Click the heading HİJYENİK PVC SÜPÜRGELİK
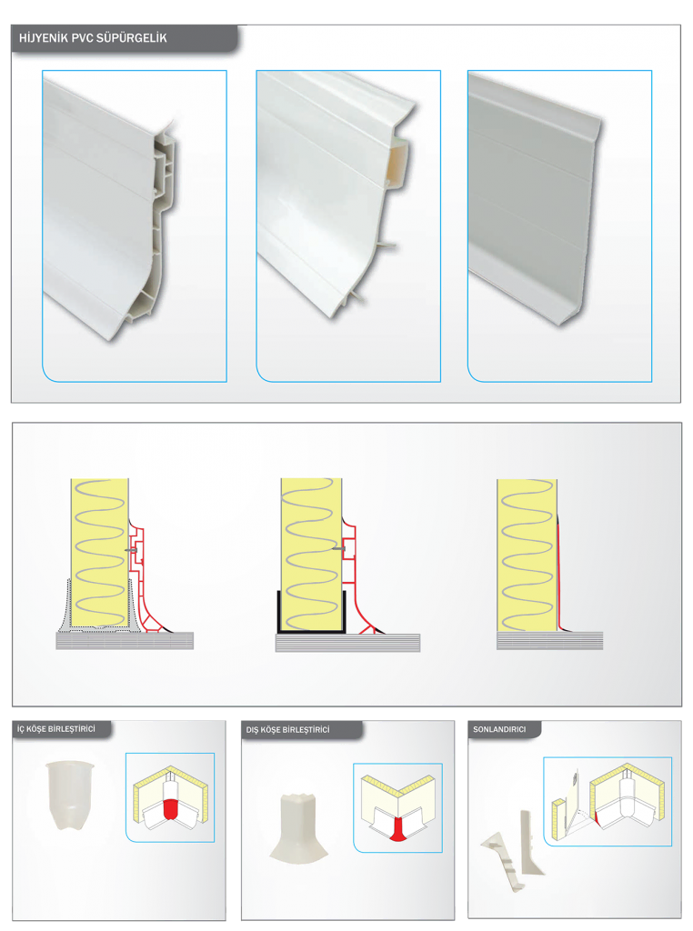click(x=93, y=38)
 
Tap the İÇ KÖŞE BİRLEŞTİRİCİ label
click(x=55, y=728)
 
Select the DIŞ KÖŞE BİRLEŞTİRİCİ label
click(x=287, y=730)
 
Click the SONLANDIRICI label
click(x=498, y=729)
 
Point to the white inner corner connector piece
click(x=69, y=795)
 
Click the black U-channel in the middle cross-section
click(x=311, y=629)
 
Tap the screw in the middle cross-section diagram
click(x=338, y=548)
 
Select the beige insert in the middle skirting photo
click(x=397, y=165)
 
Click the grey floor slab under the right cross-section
click(x=550, y=640)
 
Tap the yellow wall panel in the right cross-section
click(x=527, y=556)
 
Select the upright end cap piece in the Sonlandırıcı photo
click(x=530, y=843)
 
